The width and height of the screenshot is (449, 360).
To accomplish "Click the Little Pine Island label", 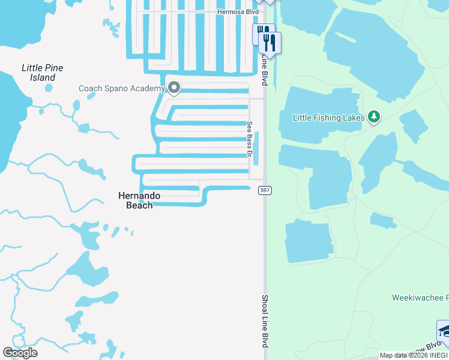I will coord(42,73).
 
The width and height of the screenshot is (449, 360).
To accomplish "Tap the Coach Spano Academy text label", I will coord(121,89).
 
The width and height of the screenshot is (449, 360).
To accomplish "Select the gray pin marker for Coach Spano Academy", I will coord(174,88).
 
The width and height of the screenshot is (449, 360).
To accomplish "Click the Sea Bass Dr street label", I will coord(250,139).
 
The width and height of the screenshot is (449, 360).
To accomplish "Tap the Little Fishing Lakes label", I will coord(328,118).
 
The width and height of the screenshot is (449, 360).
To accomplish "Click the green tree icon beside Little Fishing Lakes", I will coord(374,116).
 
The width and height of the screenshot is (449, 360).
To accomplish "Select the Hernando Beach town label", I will coord(136,200).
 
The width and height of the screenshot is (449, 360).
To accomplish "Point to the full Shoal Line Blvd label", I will coord(264,321).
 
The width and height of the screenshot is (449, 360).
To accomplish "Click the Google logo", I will coord(20,352).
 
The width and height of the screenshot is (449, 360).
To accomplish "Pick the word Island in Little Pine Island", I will coord(43,77).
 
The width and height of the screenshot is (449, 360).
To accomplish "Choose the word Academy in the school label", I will coord(148,89).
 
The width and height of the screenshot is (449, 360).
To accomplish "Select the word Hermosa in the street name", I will coord(229,11).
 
